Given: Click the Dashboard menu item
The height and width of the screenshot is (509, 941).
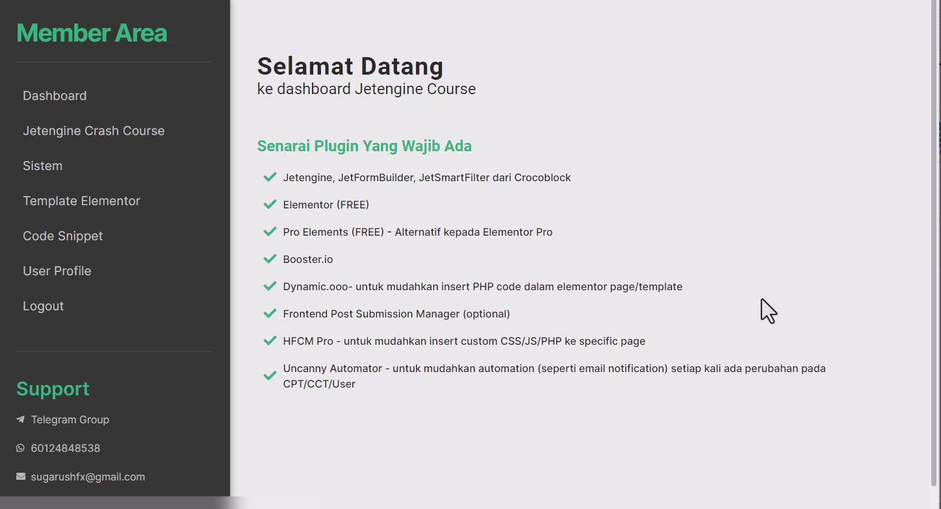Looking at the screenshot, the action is pyautogui.click(x=55, y=95).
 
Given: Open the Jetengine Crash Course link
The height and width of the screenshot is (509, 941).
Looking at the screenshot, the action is pyautogui.click(x=94, y=131).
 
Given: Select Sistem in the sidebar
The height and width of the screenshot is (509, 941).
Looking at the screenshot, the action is pyautogui.click(x=42, y=166).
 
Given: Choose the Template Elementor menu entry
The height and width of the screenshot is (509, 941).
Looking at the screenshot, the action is pyautogui.click(x=81, y=201).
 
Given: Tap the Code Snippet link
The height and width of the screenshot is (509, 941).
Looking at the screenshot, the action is pyautogui.click(x=62, y=236).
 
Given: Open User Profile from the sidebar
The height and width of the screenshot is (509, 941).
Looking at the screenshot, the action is pyautogui.click(x=57, y=271).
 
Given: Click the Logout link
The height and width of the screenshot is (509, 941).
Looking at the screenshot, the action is pyautogui.click(x=44, y=306).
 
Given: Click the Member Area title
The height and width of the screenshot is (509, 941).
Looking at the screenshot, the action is pyautogui.click(x=92, y=32).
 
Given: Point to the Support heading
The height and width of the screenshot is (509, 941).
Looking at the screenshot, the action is pyautogui.click(x=53, y=389).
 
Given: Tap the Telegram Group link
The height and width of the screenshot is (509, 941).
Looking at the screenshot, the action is pyautogui.click(x=70, y=419).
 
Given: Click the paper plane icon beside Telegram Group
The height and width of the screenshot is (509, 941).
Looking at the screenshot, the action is pyautogui.click(x=20, y=419).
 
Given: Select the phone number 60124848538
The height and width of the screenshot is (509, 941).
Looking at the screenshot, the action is pyautogui.click(x=66, y=448).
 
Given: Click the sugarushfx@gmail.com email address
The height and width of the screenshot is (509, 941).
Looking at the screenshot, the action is pyautogui.click(x=88, y=477).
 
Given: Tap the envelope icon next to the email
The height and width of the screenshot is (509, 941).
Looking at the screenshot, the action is pyautogui.click(x=21, y=477).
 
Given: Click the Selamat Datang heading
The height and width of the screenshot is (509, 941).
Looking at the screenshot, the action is pyautogui.click(x=350, y=66).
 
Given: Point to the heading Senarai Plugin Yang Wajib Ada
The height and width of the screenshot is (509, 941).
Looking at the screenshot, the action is pyautogui.click(x=364, y=146).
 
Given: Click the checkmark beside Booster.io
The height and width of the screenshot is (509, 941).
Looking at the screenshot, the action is pyautogui.click(x=270, y=259).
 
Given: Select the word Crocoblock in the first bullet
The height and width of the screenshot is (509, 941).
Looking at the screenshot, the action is pyautogui.click(x=543, y=177).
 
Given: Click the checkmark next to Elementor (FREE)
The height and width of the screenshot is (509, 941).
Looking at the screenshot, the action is pyautogui.click(x=270, y=205).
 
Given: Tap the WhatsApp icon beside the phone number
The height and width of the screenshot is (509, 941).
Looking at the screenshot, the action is pyautogui.click(x=20, y=448).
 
